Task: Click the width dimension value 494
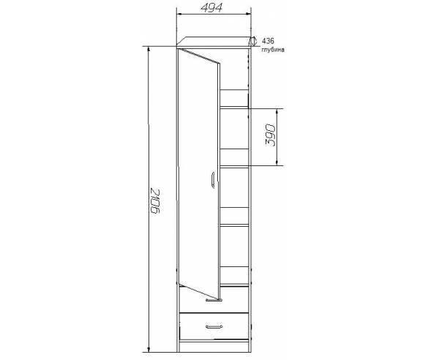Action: pyautogui.click(x=211, y=7)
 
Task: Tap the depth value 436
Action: pyautogui.click(x=268, y=41)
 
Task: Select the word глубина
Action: pyautogui.click(x=273, y=50)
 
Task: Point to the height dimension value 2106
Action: pyautogui.click(x=155, y=201)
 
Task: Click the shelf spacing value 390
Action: pyautogui.click(x=271, y=135)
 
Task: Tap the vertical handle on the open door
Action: pyautogui.click(x=213, y=180)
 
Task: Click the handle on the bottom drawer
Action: pyautogui.click(x=214, y=326)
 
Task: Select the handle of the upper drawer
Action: pyautogui.click(x=214, y=300)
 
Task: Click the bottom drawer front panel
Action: pyautogui.click(x=214, y=326)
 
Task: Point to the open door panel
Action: pyautogui.click(x=198, y=174)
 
